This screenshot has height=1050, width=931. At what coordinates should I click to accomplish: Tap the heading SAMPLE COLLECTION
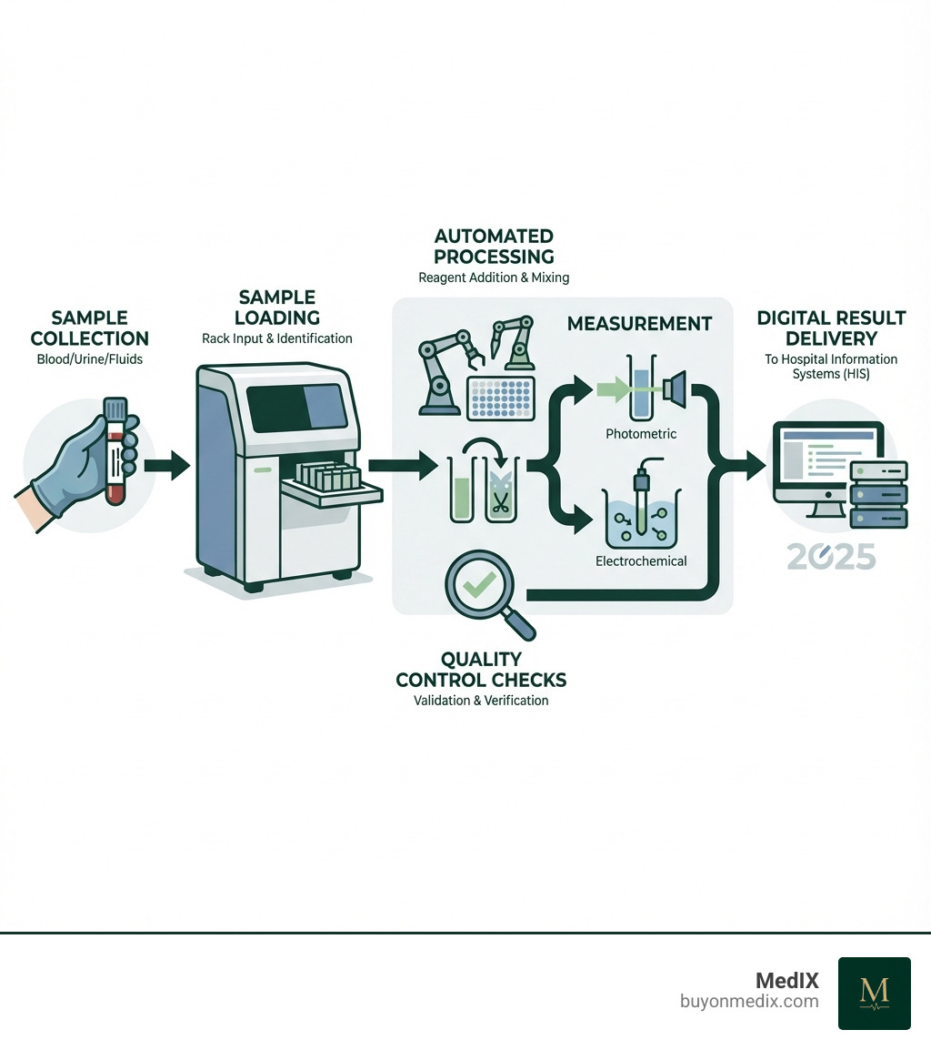click(x=89, y=328)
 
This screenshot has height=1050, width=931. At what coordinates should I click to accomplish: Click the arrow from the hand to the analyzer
click(x=167, y=467)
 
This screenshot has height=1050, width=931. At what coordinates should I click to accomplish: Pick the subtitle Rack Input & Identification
click(x=277, y=338)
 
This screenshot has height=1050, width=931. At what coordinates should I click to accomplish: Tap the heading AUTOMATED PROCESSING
click(x=494, y=246)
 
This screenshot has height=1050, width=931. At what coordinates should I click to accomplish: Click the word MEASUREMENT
click(x=639, y=323)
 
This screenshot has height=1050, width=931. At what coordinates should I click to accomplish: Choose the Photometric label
click(x=641, y=434)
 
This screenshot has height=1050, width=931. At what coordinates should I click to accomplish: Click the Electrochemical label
click(x=641, y=561)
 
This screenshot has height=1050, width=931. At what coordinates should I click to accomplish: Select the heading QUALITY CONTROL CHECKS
click(x=482, y=669)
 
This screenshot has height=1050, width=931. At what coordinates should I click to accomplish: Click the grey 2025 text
click(x=831, y=556)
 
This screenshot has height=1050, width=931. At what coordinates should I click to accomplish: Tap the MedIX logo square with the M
click(x=874, y=993)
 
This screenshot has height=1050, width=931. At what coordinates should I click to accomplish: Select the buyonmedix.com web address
click(x=749, y=1002)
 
